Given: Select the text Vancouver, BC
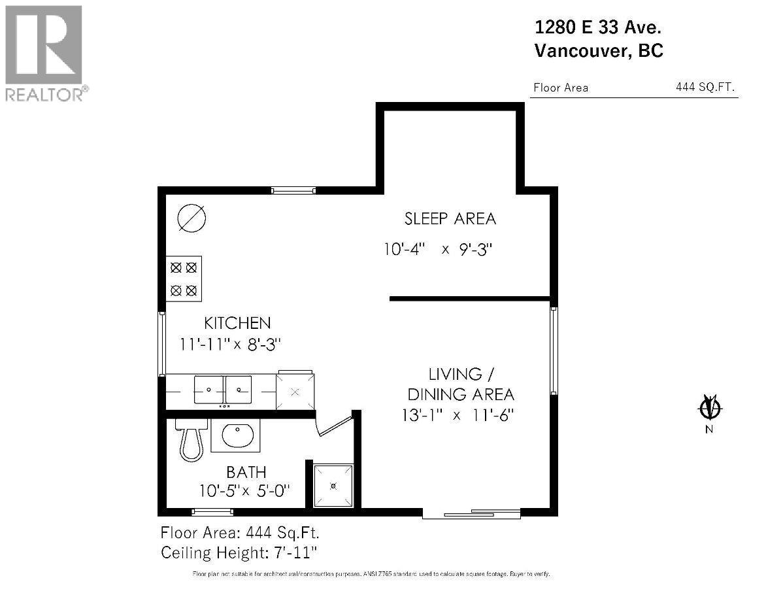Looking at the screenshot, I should pyautogui.click(x=599, y=51).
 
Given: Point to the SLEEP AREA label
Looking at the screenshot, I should pyautogui.click(x=450, y=218).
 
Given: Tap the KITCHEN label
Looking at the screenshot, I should pyautogui.click(x=237, y=323).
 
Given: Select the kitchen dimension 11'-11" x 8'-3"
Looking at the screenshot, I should pyautogui.click(x=231, y=344).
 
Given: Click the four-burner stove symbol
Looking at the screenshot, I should pyautogui.click(x=184, y=278).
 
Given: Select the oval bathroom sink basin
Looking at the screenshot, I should pyautogui.click(x=236, y=436).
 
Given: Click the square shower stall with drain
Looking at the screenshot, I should pyautogui.click(x=333, y=486).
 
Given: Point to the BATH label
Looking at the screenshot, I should pyautogui.click(x=246, y=471).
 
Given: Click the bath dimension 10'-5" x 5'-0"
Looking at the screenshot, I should pyautogui.click(x=244, y=490).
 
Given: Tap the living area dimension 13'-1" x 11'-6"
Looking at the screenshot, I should pyautogui.click(x=461, y=415).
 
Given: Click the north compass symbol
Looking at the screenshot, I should pyautogui.click(x=710, y=408).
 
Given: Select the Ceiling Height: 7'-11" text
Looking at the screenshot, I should pyautogui.click(x=239, y=552).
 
